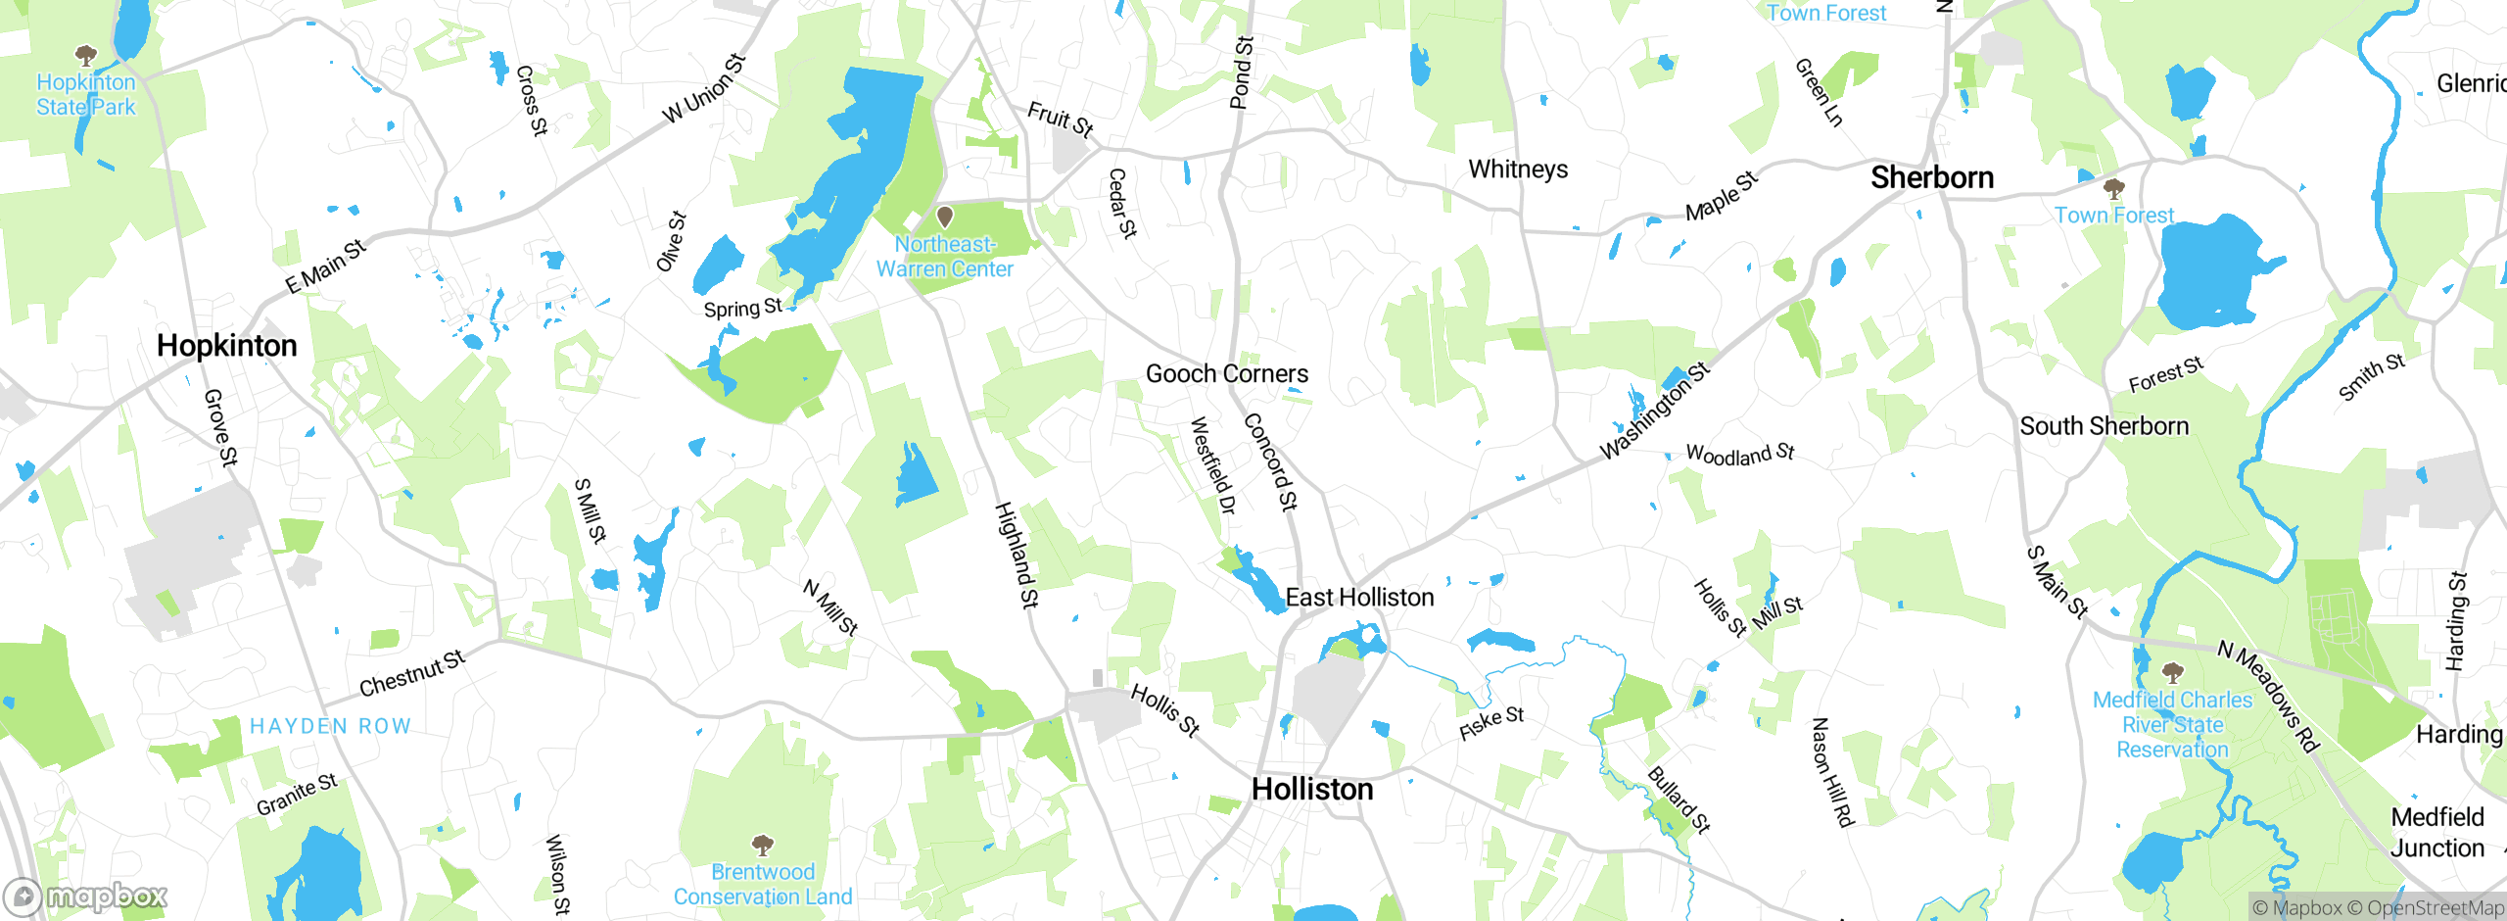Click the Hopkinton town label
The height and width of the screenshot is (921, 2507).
pyautogui.click(x=226, y=346)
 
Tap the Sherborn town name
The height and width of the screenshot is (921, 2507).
pyautogui.click(x=1931, y=177)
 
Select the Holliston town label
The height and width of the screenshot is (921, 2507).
pyautogui.click(x=1312, y=790)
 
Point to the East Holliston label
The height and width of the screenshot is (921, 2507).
pyautogui.click(x=1359, y=598)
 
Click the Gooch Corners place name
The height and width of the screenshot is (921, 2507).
pyautogui.click(x=1226, y=374)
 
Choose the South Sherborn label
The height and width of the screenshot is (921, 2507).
pyautogui.click(x=2104, y=426)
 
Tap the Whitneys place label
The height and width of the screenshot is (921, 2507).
pyautogui.click(x=1518, y=170)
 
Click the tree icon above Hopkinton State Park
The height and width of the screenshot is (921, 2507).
pyautogui.click(x=86, y=54)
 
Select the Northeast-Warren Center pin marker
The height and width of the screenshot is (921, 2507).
pyautogui.click(x=945, y=216)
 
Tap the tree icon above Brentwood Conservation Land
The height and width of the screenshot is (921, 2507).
pyautogui.click(x=763, y=845)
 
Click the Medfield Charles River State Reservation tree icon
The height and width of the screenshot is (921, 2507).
pyautogui.click(x=2172, y=672)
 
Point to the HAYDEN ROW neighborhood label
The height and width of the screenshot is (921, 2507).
pyautogui.click(x=330, y=726)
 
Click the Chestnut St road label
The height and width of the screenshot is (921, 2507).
pyautogui.click(x=411, y=674)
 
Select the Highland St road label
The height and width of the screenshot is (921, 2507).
pyautogui.click(x=1017, y=555)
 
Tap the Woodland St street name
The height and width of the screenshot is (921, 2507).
pyautogui.click(x=1740, y=454)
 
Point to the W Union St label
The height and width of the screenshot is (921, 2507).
pyautogui.click(x=704, y=89)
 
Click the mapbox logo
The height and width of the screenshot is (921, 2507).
pyautogui.click(x=86, y=897)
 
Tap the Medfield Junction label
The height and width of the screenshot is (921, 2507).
pyautogui.click(x=2437, y=833)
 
